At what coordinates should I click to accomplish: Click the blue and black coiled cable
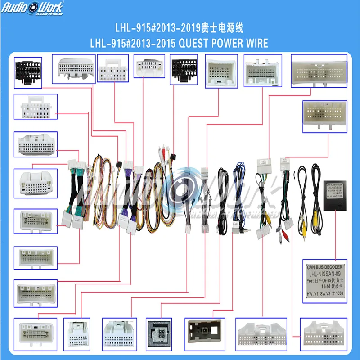pos(238,193)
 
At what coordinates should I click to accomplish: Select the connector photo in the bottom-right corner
pos(324,334)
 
